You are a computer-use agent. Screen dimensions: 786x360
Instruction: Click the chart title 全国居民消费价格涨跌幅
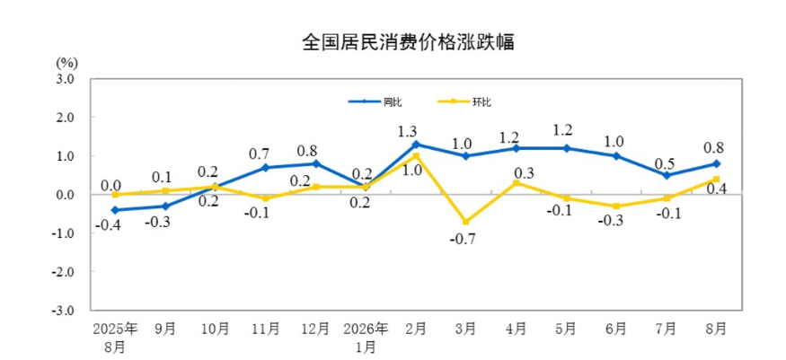[x=408, y=42]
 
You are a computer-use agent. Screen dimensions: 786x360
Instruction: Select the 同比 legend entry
[x=375, y=101]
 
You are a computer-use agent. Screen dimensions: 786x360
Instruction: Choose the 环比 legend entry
[x=464, y=101]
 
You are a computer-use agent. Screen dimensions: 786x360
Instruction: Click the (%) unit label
[x=66, y=63]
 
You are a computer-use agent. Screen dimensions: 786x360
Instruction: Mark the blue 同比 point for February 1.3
[x=416, y=145]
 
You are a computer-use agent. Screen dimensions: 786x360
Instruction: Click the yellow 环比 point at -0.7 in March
[x=466, y=222]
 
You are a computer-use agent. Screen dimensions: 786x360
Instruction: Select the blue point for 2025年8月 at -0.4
[x=115, y=210]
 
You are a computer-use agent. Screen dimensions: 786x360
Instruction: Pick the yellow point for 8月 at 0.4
[x=716, y=179]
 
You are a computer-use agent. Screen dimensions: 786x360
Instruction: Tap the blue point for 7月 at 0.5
[x=667, y=175]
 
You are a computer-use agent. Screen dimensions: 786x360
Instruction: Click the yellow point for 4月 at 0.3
[x=517, y=183]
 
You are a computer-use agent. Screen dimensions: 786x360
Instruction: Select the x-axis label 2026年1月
[x=367, y=337]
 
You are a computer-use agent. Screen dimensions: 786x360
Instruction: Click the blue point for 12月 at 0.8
[x=316, y=163]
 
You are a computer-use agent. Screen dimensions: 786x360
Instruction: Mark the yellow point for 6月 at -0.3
[x=616, y=206]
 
